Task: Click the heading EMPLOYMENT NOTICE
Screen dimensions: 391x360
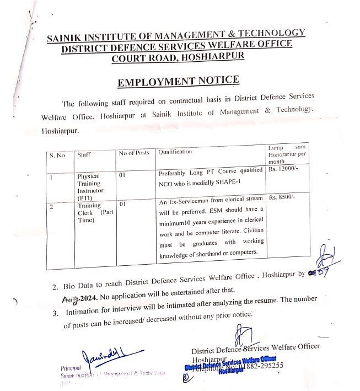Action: pos(178,82)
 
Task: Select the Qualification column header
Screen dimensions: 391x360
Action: pos(175,151)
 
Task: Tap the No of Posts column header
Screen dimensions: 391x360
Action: pos(135,153)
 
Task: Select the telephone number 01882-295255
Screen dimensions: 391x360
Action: pos(259,365)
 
